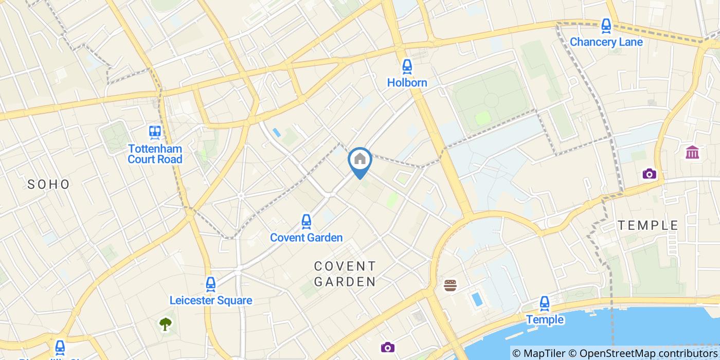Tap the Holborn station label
[407, 82]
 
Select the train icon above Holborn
[407, 66]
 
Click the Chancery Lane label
[606, 42]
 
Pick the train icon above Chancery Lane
[606, 26]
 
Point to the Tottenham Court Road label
[155, 154]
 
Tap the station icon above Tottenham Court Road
[155, 133]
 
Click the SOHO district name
[49, 184]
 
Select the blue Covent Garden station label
[306, 238]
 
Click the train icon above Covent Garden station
[306, 222]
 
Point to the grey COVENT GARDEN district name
[345, 274]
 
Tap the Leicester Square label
[211, 300]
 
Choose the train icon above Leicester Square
[210, 284]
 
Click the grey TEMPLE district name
[648, 225]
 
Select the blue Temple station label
[545, 320]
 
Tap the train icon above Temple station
[545, 303]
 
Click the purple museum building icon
[692, 152]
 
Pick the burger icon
[451, 285]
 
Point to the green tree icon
[165, 324]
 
